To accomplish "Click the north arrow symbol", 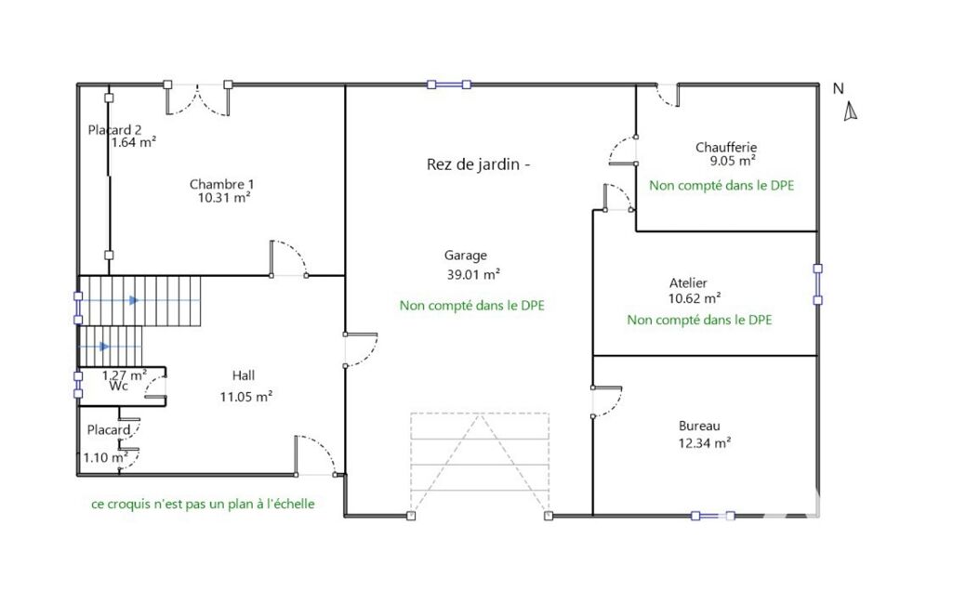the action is coord(851,112).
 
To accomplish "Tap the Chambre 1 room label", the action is coord(222,184).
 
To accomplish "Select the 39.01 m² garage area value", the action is coord(473,275).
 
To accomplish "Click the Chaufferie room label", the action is coord(726,147).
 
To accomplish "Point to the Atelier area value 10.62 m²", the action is coord(695,298).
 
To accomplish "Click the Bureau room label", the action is coord(699,426).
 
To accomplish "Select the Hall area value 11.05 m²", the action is coord(246,397).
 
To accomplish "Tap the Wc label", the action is coord(118,387).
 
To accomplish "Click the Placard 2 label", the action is coord(115,130).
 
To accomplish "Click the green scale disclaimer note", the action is coord(203,504).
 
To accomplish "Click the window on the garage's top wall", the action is coord(449,85).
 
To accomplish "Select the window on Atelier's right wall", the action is coord(817,283).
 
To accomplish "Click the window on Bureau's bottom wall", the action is coord(713,516).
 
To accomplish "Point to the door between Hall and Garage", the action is coord(361,350).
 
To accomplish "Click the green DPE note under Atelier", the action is coord(699,320).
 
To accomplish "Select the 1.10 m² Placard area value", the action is coord(105,457).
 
